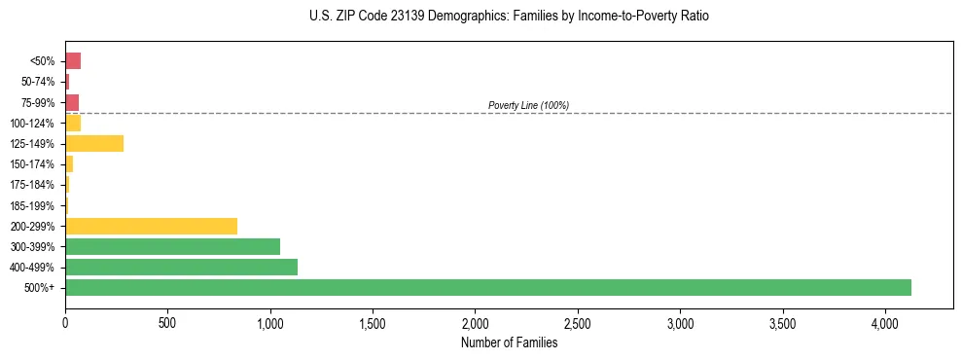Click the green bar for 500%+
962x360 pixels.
pyautogui.click(x=487, y=287)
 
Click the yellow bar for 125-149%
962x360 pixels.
pyautogui.click(x=94, y=144)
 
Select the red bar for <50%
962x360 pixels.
pyautogui.click(x=73, y=61)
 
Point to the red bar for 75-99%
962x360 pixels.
pyautogui.click(x=72, y=102)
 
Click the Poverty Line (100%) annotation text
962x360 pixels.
pyautogui.click(x=528, y=105)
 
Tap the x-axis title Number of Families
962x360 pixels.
pyautogui.click(x=509, y=342)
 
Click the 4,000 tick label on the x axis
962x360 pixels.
pyautogui.click(x=885, y=322)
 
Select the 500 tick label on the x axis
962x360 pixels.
pyautogui.click(x=167, y=322)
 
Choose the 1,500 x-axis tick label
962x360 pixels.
pyautogui.click(x=373, y=322)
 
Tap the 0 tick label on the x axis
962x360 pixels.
pyautogui.click(x=65, y=322)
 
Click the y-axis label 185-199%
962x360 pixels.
pyautogui.click(x=32, y=205)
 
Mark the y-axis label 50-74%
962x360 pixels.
pyautogui.click(x=38, y=82)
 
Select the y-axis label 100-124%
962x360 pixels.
pyautogui.click(x=32, y=124)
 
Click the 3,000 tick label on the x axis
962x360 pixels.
pyautogui.click(x=680, y=322)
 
